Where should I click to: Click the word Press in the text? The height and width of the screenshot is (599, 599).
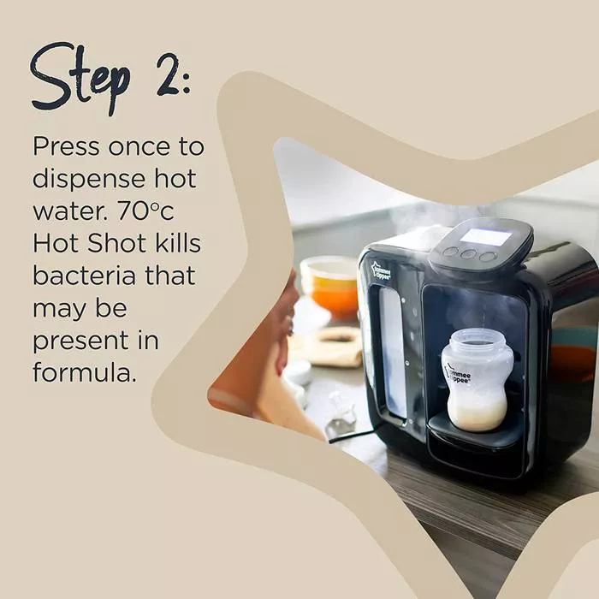pos(66,146)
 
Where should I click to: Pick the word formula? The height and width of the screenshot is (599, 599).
pos(84,372)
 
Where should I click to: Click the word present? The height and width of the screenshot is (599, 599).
pos(77,341)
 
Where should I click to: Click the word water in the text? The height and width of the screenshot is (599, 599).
pos(65,213)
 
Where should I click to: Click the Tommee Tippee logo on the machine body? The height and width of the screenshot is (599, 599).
pos(384,269)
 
